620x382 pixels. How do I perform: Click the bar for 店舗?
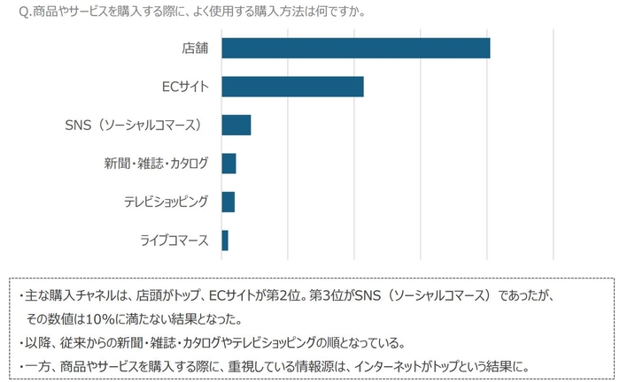pyautogui.click(x=355, y=48)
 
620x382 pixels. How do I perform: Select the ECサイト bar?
pyautogui.click(x=292, y=87)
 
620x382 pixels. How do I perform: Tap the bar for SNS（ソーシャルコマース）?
pyautogui.click(x=236, y=125)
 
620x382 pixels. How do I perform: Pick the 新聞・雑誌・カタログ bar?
pyautogui.click(x=229, y=164)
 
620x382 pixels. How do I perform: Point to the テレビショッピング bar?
pyautogui.click(x=228, y=202)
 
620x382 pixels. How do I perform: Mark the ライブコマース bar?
pyautogui.click(x=225, y=240)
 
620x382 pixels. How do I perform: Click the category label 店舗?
pyautogui.click(x=194, y=48)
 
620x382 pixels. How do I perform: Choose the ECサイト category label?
pyautogui.click(x=187, y=87)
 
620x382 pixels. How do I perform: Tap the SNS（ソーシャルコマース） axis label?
pyautogui.click(x=135, y=126)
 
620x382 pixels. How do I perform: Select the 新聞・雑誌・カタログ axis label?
pyautogui.click(x=157, y=164)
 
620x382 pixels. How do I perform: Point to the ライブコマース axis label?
pyautogui.click(x=174, y=240)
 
